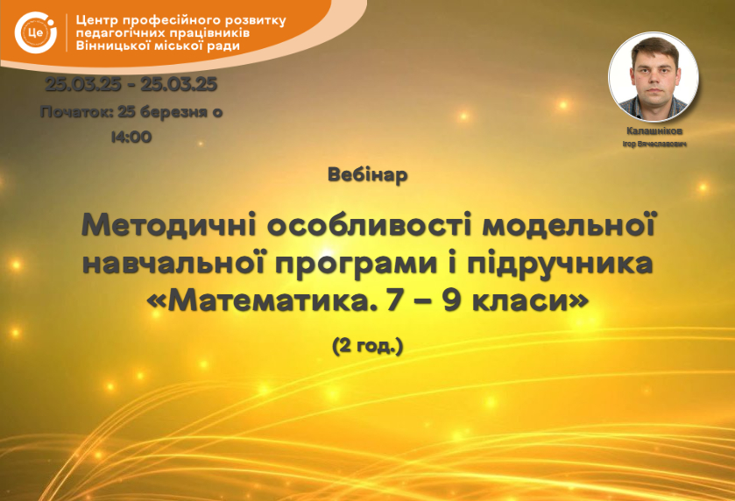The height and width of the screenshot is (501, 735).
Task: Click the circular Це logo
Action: click(36, 32)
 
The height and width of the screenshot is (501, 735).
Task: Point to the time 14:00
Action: click(131, 137)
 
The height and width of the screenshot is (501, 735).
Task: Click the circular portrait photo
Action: click(654, 76)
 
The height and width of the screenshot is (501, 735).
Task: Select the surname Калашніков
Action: click(654, 131)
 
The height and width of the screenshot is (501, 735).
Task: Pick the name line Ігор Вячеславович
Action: click(654, 145)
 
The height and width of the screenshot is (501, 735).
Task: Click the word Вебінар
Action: click(368, 175)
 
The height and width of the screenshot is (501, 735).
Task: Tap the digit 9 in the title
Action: click(452, 301)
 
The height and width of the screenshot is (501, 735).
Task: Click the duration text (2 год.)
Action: click(368, 346)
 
